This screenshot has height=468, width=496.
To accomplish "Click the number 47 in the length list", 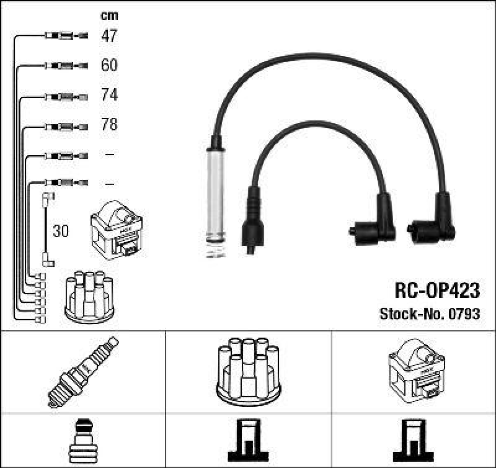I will (x=108, y=36).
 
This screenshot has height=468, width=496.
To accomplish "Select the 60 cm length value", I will (x=108, y=65).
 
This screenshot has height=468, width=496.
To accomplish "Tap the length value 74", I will (x=108, y=95).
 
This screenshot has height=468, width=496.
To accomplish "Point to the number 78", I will (x=108, y=125).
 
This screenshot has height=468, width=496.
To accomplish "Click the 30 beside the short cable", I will (x=61, y=232).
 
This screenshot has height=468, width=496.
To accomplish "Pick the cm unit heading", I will (x=108, y=16).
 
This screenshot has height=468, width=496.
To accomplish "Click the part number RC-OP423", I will (x=437, y=290).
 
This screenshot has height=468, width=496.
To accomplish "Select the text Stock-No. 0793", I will (x=429, y=314).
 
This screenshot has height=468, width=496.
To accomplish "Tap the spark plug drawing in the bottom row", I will (x=83, y=371).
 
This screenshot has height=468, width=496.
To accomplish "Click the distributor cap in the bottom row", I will (x=248, y=371).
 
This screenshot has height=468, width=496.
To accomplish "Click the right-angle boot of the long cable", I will (x=436, y=223).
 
